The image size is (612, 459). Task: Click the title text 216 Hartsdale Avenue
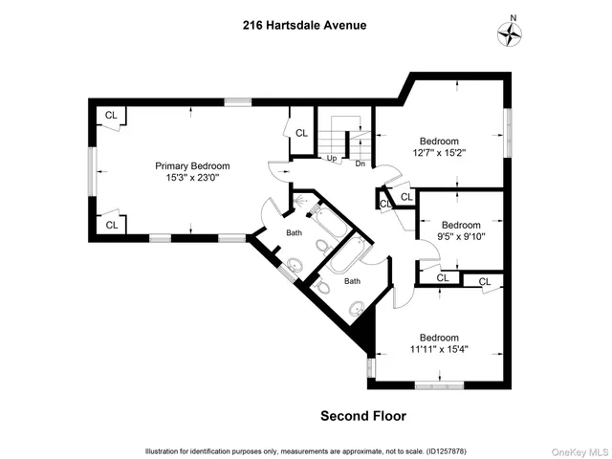[x=305, y=26]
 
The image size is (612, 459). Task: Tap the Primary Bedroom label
[x=192, y=165]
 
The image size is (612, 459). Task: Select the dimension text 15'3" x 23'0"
[x=192, y=177]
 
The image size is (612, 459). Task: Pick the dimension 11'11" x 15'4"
[x=439, y=349]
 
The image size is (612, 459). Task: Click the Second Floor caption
[x=362, y=416]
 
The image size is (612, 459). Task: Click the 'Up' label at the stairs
[x=332, y=159]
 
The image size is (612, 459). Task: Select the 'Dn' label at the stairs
[x=361, y=164]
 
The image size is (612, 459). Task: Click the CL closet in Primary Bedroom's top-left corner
[x=111, y=116]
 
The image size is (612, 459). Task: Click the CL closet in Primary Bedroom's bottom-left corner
[x=111, y=225]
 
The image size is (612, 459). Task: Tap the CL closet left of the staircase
[x=301, y=133]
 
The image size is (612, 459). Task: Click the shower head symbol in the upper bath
[x=303, y=202]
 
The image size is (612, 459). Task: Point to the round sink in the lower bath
[x=358, y=308]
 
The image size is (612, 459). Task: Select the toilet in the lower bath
[x=323, y=286]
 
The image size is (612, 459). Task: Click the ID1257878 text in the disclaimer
[x=439, y=450]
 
